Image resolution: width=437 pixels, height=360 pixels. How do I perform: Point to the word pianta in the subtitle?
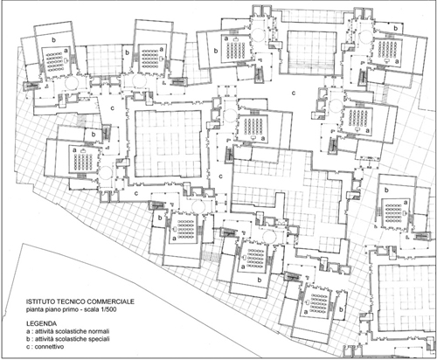click(x=33, y=309)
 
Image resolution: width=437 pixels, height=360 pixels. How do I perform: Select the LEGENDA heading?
click(x=41, y=323)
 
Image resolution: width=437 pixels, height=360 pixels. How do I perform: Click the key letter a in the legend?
click(x=28, y=331)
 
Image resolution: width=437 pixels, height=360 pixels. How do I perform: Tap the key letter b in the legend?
click(x=28, y=339)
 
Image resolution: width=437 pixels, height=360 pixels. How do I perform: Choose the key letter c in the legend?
click(x=28, y=347)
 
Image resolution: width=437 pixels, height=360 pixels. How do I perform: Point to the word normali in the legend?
click(x=101, y=331)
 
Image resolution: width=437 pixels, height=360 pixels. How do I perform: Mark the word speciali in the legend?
click(x=101, y=339)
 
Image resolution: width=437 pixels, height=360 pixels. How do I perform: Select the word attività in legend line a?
click(x=43, y=331)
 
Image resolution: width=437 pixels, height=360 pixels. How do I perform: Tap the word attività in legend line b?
click(x=43, y=339)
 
